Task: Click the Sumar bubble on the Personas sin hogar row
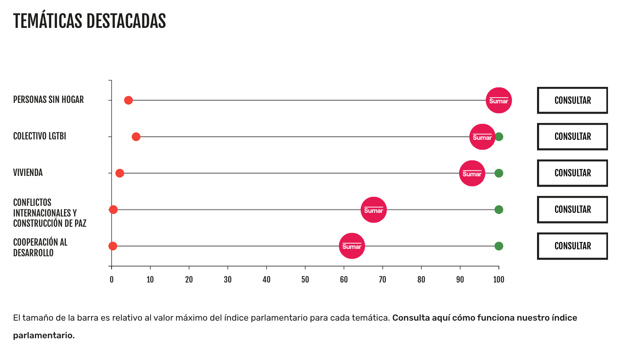click(498, 100)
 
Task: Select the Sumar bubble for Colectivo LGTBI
click(482, 137)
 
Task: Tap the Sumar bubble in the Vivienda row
click(472, 173)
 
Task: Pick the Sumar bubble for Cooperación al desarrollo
click(352, 246)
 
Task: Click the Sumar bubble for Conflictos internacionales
click(373, 210)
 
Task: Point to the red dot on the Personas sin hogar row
click(128, 100)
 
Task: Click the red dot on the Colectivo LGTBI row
click(136, 137)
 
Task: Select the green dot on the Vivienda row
click(498, 173)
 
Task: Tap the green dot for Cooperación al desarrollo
click(498, 246)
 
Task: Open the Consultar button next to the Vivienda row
click(572, 173)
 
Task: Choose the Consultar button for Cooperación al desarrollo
click(572, 246)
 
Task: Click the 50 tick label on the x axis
click(305, 280)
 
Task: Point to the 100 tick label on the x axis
click(498, 280)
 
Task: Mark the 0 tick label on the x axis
click(112, 280)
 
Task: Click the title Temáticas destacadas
click(89, 21)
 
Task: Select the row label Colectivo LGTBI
click(39, 136)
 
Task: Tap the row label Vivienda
click(28, 173)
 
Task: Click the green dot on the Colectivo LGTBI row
click(499, 137)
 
